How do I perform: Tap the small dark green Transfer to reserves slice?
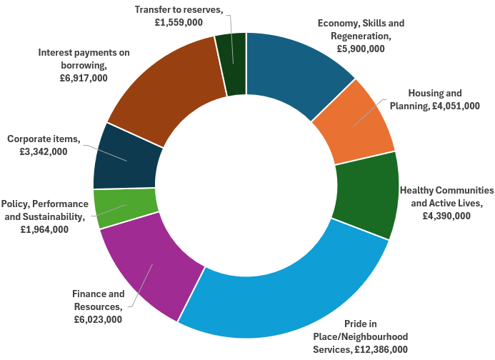pos(232,64)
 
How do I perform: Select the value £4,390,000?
pos(446,215)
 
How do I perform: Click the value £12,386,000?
pos(381,349)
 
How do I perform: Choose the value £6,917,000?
pos(84,78)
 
